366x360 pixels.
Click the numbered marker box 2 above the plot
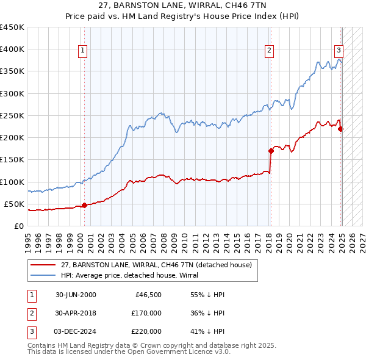(269, 51)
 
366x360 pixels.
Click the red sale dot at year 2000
(85, 205)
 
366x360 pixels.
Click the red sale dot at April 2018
(271, 150)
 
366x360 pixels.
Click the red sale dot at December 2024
(340, 128)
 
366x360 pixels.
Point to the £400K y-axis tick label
(12, 49)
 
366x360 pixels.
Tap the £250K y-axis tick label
(12, 115)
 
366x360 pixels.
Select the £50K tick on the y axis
(15, 204)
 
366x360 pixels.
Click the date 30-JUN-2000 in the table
(76, 295)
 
